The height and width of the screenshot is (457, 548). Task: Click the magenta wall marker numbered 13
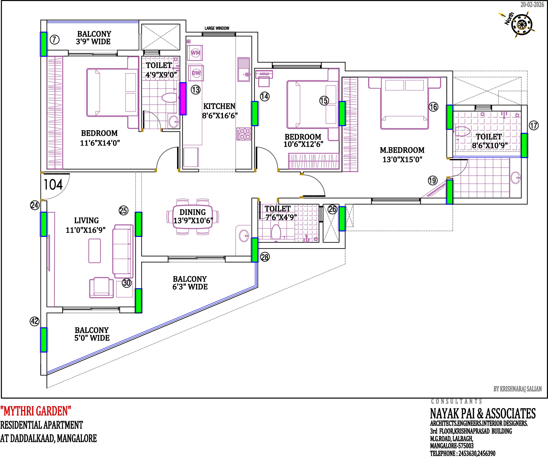coord(183,99)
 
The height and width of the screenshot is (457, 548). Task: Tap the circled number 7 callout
coord(55,40)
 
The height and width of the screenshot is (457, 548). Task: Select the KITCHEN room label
coord(219,106)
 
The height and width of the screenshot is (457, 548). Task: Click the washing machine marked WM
coord(195,53)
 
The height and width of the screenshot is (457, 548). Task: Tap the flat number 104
coord(53,185)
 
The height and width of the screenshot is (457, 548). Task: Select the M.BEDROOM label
coord(402,150)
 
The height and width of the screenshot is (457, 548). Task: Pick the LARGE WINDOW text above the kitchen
coord(217,28)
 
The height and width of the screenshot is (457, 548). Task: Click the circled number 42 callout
coord(35,321)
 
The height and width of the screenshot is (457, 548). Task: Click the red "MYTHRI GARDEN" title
coord(36,411)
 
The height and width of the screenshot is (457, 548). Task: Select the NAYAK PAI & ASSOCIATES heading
coord(483,413)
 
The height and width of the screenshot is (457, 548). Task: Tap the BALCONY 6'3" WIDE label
coord(190,283)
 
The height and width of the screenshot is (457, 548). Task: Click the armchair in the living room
coord(101,288)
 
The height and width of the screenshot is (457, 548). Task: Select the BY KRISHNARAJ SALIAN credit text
coord(518,389)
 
